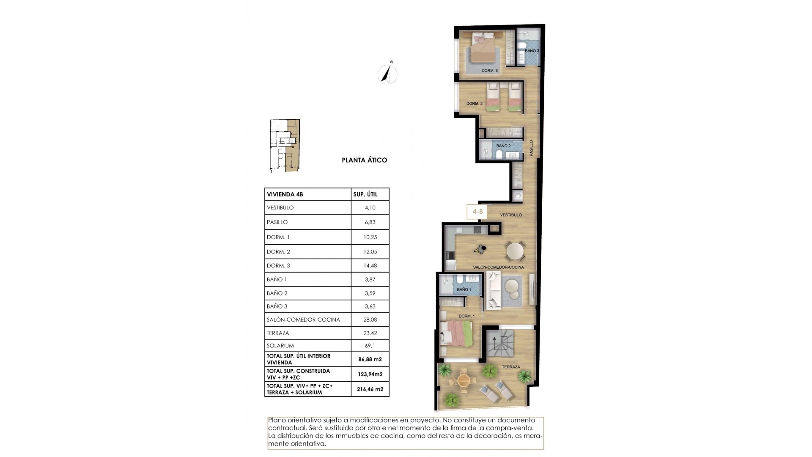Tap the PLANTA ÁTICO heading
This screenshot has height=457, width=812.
click(x=364, y=160)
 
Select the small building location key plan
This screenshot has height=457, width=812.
click(x=285, y=146)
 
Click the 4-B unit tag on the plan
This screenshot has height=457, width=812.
click(x=477, y=212)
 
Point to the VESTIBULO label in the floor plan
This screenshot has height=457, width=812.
click(x=511, y=215)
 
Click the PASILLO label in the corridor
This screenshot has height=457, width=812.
click(x=531, y=148)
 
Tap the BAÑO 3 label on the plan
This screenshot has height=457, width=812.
click(x=532, y=51)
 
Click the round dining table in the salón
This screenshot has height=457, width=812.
click(x=515, y=251)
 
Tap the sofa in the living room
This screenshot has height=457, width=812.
click(x=494, y=290)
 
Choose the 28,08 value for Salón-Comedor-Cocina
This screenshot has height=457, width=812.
click(x=370, y=320)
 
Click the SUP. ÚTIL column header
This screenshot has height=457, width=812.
click(x=365, y=195)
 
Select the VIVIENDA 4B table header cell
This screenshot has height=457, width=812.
click(x=285, y=195)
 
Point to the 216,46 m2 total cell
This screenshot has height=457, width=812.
click(x=370, y=389)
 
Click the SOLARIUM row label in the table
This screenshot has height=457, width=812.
click(x=280, y=346)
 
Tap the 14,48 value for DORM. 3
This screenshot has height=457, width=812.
click(x=370, y=266)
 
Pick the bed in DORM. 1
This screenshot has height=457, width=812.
click(x=455, y=333)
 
